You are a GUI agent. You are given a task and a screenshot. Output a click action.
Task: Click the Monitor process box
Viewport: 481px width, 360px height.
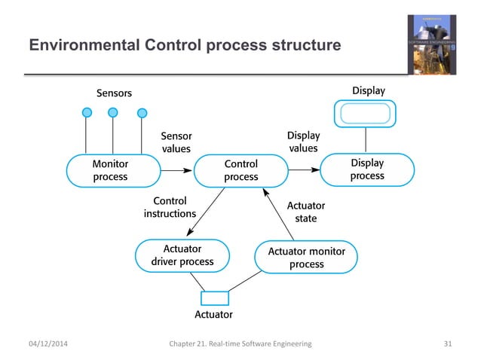click(110, 170)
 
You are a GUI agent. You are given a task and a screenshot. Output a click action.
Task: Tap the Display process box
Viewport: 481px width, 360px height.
click(367, 169)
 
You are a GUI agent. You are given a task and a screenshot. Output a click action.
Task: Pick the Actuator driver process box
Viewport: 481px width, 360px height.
click(182, 255)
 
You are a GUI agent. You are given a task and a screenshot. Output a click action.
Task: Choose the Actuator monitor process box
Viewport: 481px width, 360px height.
click(307, 256)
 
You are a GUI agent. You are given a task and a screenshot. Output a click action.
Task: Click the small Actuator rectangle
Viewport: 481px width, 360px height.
click(215, 298)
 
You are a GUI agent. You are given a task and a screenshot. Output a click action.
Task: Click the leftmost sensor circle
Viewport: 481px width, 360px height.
click(87, 113)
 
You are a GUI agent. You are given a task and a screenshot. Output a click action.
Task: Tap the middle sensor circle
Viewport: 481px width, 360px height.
click(113, 112)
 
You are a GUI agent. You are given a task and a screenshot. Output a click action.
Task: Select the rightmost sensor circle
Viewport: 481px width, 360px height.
click(142, 114)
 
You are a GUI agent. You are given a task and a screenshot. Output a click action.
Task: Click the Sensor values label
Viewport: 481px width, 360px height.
click(176, 142)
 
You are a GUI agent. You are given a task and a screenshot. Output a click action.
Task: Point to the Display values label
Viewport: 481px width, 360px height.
click(303, 142)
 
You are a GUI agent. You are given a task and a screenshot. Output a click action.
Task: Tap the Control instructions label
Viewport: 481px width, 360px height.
click(170, 207)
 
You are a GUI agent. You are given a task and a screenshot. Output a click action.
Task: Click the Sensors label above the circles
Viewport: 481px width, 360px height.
click(114, 93)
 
